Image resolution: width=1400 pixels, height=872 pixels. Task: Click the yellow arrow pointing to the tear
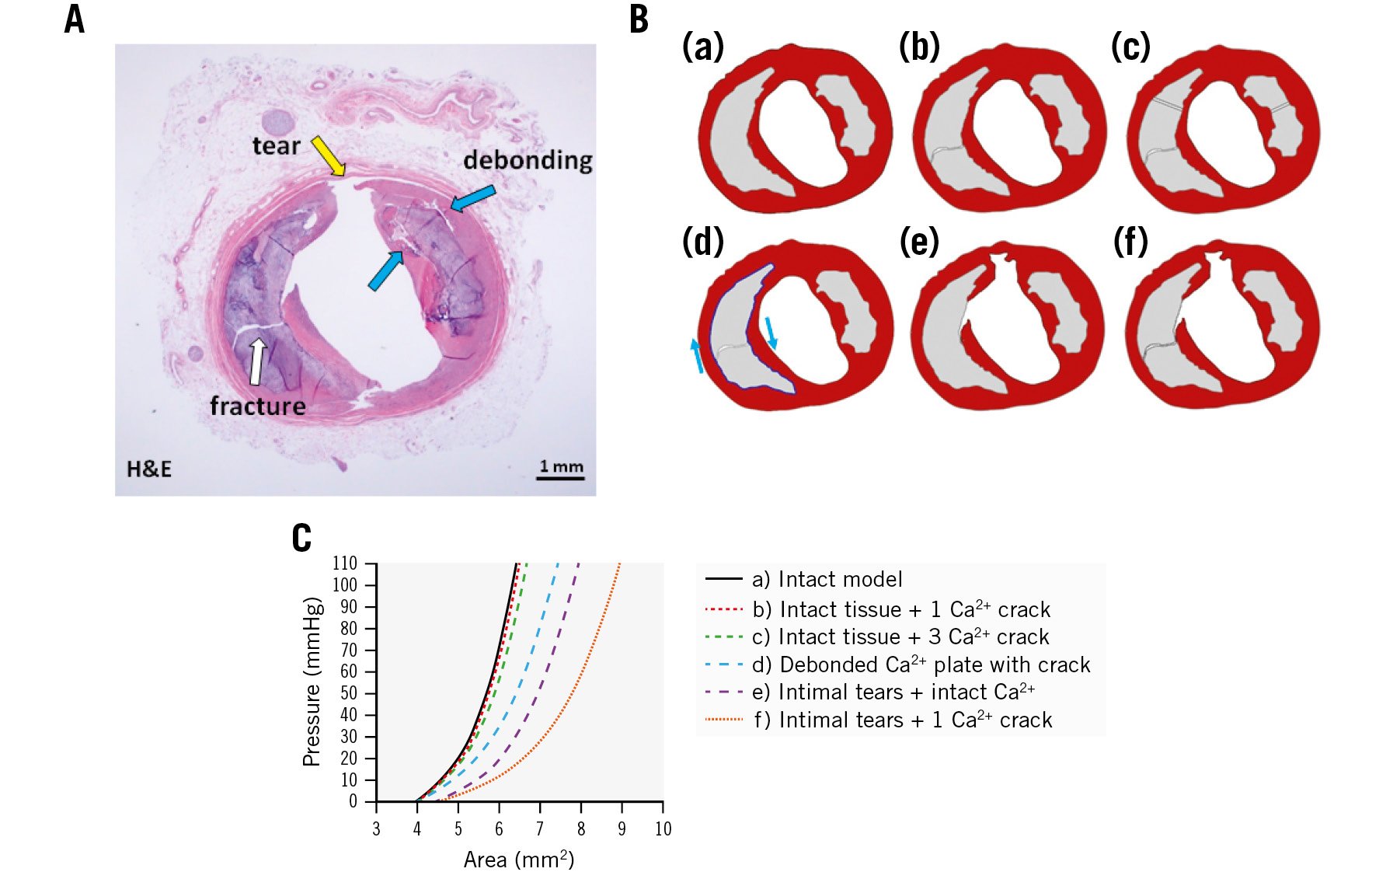click(329, 156)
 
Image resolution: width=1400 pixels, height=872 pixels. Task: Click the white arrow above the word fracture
click(256, 361)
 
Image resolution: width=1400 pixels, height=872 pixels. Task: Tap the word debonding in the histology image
click(528, 160)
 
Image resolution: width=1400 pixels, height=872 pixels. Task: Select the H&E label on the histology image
click(149, 469)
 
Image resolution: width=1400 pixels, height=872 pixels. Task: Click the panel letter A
click(74, 19)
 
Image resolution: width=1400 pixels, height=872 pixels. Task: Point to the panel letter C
click(301, 538)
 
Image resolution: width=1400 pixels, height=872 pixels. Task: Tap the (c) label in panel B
click(1130, 47)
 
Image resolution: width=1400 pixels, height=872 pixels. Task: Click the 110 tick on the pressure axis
click(345, 563)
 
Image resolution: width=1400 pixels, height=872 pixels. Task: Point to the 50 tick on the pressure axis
click(348, 693)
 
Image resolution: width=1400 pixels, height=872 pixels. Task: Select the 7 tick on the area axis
click(540, 829)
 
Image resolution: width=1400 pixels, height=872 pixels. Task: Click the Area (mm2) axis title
click(518, 860)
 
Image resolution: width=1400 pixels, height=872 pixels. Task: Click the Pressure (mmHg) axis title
click(312, 682)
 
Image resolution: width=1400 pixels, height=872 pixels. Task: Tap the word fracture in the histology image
click(258, 406)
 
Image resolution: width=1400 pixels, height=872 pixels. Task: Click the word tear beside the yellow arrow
click(276, 145)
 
